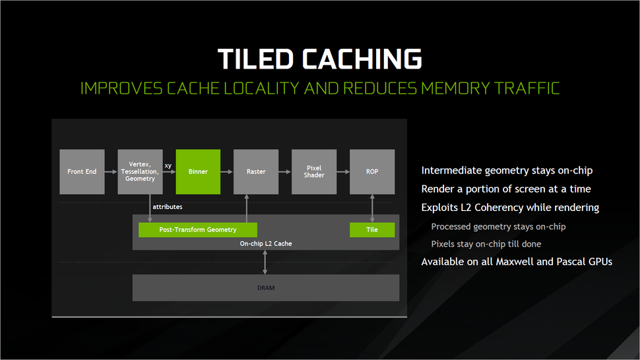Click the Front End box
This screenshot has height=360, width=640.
(82, 171)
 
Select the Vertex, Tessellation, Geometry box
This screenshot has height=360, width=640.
(140, 171)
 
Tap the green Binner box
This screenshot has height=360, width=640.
(198, 171)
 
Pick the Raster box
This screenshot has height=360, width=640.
(256, 171)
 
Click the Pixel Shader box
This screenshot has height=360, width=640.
(314, 171)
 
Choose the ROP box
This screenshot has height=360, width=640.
(372, 171)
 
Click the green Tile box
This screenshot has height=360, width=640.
(372, 230)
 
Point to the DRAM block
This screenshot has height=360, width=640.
(266, 288)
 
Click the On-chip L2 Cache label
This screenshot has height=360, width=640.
(265, 244)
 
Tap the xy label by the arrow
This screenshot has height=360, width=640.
(168, 165)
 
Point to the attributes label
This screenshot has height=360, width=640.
(168, 207)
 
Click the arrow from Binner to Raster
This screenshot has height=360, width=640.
(227, 172)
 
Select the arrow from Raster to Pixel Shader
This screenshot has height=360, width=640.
(285, 172)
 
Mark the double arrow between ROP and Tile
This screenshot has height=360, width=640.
(373, 208)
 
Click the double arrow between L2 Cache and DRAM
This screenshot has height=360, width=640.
(265, 262)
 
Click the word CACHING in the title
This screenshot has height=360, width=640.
(362, 59)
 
